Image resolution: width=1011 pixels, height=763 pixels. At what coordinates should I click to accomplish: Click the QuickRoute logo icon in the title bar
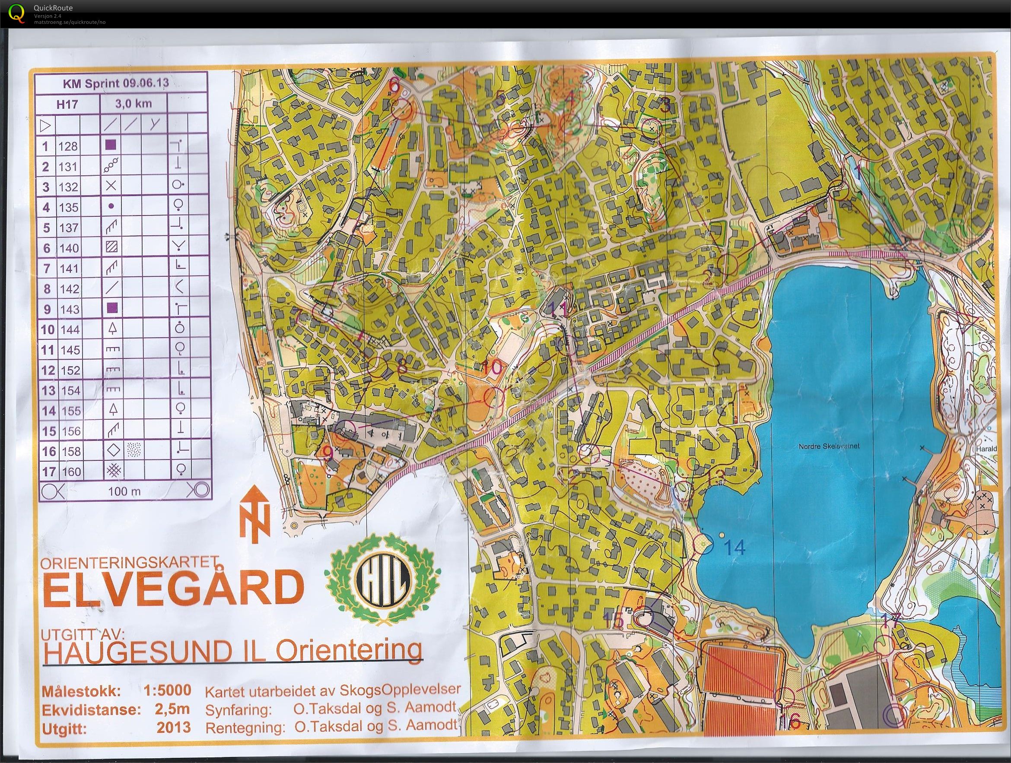[x=16, y=13]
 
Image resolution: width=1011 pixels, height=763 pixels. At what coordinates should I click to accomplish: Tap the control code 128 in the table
[x=69, y=147]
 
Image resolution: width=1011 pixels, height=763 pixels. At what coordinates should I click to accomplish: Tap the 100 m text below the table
[x=124, y=491]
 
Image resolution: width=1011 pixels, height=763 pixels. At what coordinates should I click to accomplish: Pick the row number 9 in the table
[x=47, y=309]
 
